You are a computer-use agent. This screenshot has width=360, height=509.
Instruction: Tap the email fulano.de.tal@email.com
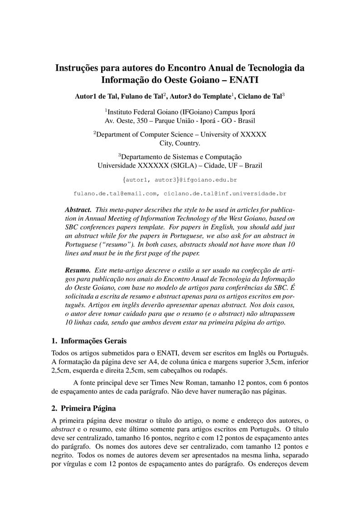(116, 194)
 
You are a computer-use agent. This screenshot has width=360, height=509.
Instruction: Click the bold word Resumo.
(78, 270)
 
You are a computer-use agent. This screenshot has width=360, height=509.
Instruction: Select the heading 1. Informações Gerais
(89, 340)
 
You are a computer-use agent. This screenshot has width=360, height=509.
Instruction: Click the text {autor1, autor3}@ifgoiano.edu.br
(180, 180)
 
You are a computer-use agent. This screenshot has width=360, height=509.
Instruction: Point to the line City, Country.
(180, 143)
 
